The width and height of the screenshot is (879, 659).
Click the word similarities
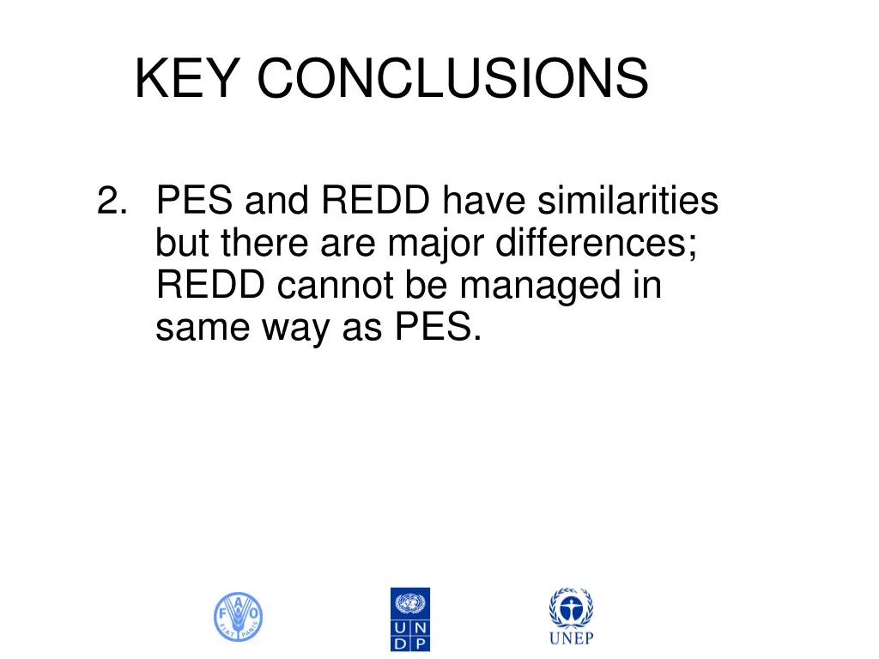pyautogui.click(x=628, y=202)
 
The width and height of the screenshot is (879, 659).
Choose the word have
pyautogui.click(x=485, y=202)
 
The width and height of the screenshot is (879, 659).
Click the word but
pyautogui.click(x=184, y=244)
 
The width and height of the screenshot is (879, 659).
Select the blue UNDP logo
pyautogui.click(x=409, y=619)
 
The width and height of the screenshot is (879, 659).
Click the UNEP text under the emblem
pyautogui.click(x=571, y=638)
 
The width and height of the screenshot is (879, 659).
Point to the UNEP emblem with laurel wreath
pyautogui.click(x=571, y=608)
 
